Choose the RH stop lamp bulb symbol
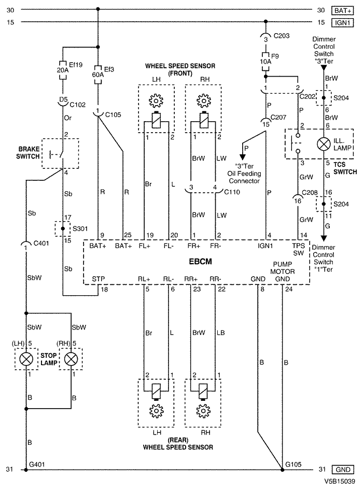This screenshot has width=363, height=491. coord(71,358)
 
